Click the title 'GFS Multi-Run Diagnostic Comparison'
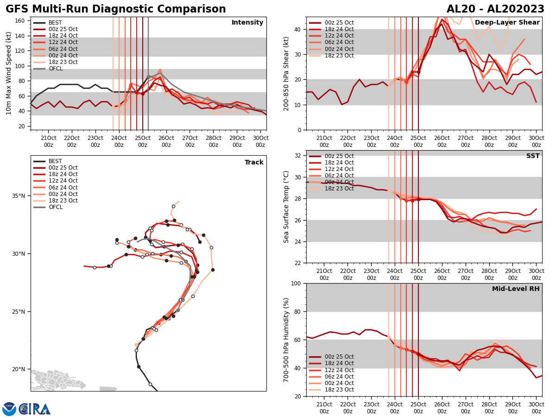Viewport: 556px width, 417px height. click(116, 9)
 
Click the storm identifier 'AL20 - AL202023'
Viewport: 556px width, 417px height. click(495, 9)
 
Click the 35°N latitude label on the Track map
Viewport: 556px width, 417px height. click(19, 196)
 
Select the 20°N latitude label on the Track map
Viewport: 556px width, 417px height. click(19, 369)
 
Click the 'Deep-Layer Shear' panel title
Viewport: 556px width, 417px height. click(507, 23)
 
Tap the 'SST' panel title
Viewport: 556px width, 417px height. click(533, 156)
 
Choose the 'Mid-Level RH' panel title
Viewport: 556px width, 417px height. click(516, 289)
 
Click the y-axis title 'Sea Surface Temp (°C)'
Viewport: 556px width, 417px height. click(286, 207)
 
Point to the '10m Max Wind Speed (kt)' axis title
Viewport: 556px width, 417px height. click(9, 73)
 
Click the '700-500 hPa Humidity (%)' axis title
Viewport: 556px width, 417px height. click(286, 340)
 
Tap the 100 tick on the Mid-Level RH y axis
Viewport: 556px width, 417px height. click(296, 283)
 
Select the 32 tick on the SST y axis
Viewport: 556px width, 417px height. click(298, 156)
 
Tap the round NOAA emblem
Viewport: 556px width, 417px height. click(9, 409)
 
